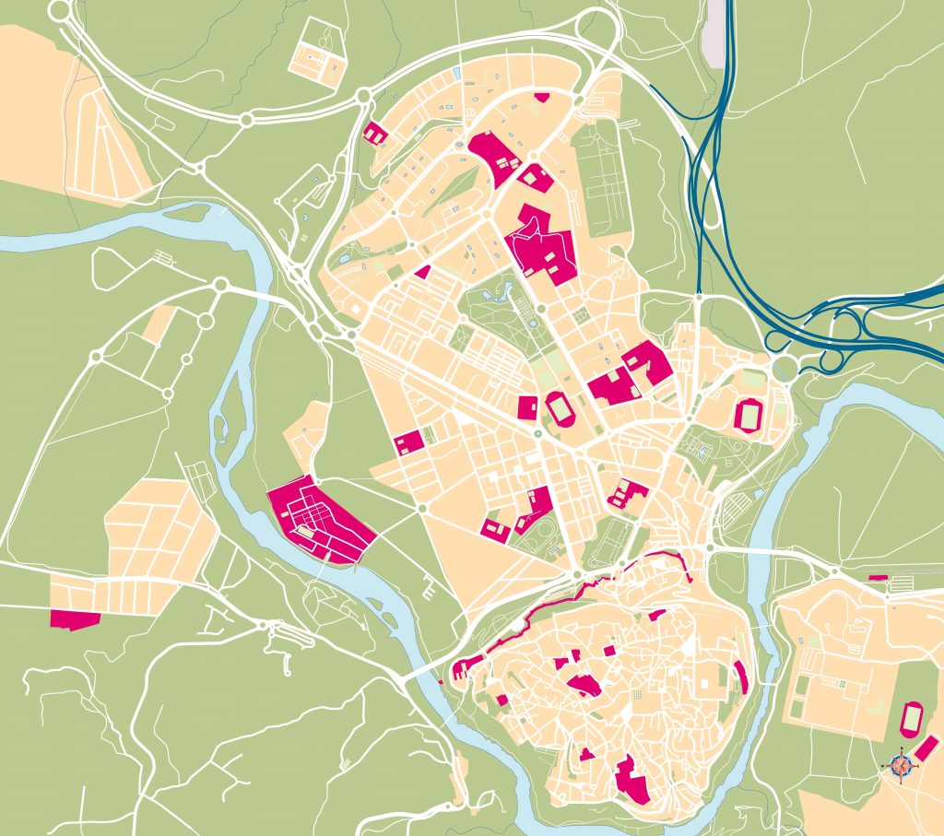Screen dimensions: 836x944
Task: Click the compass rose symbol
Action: [x=902, y=763]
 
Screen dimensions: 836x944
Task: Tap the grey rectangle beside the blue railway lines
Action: [x=714, y=33]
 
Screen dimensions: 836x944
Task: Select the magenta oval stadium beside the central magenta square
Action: [x=559, y=408]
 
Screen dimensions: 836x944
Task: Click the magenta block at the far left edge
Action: [x=75, y=618]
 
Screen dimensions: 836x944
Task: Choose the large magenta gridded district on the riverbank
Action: [x=321, y=519]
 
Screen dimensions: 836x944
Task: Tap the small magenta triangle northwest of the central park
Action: [x=423, y=272]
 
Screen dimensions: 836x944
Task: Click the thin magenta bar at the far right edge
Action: [x=878, y=577]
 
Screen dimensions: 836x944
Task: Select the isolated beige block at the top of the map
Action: [x=318, y=56]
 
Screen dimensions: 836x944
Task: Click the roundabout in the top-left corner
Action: [x=61, y=11]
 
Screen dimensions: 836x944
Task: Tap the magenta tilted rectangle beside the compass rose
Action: [x=927, y=749]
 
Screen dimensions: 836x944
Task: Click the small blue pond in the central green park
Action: [x=501, y=293]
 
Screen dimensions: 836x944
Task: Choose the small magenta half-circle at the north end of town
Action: [x=541, y=97]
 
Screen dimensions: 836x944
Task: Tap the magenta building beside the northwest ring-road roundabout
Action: [x=375, y=134]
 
